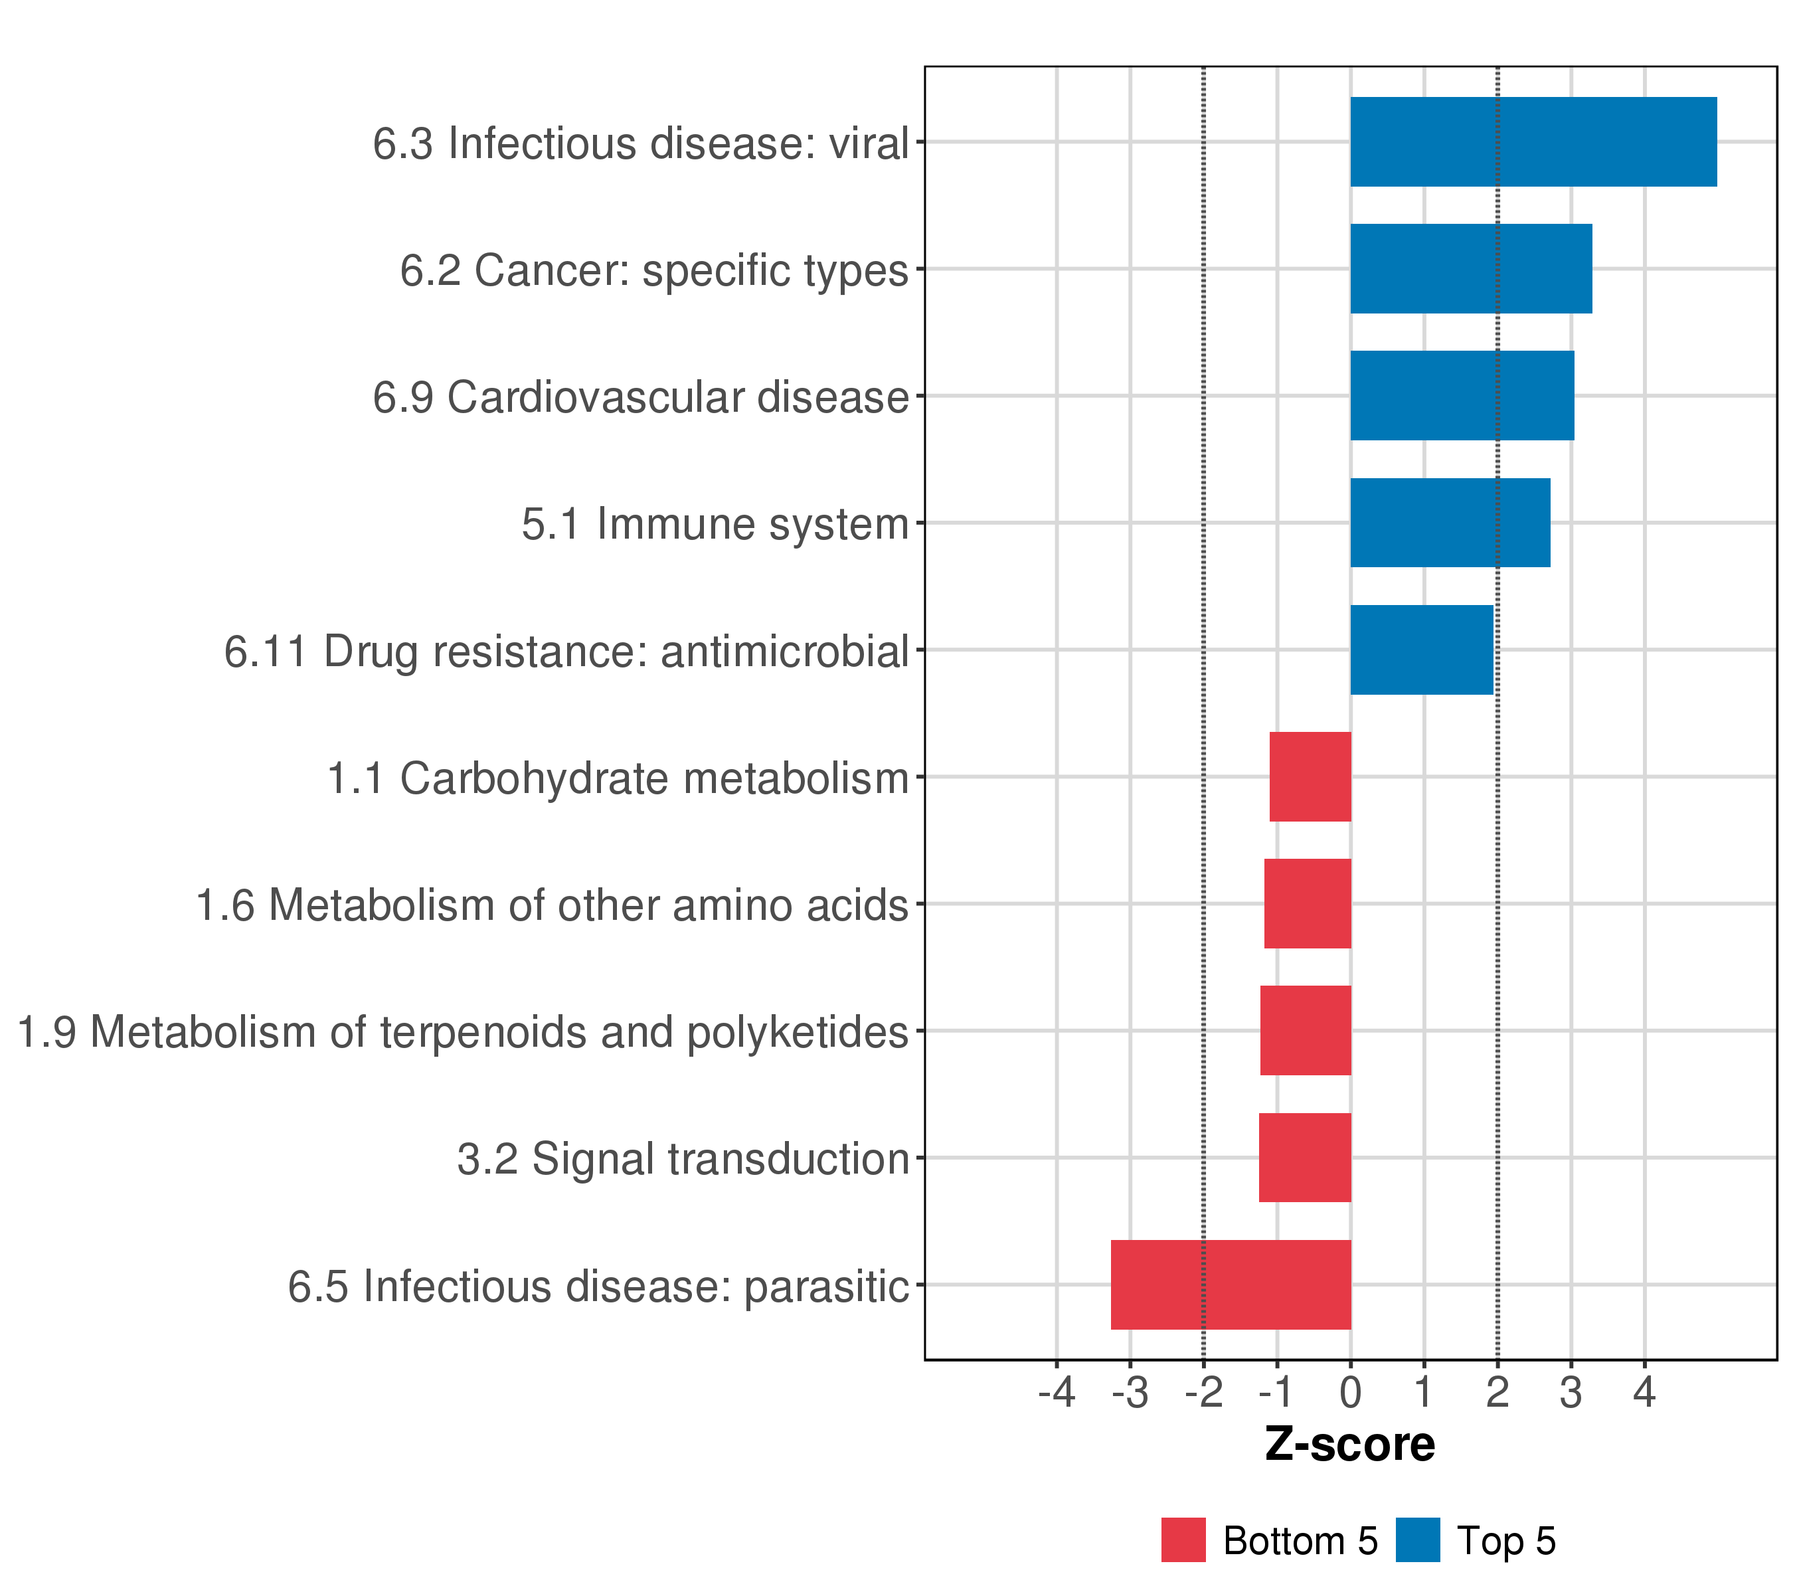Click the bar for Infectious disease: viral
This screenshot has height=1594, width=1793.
click(1533, 141)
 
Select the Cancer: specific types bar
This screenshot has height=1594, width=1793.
click(1470, 268)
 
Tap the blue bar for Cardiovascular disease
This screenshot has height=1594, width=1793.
click(1462, 396)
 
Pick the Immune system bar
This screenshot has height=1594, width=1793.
click(1449, 523)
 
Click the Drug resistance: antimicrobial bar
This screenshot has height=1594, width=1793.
click(1421, 650)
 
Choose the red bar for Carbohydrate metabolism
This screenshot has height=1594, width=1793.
click(1310, 776)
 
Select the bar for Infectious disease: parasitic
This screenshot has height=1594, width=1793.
click(1230, 1284)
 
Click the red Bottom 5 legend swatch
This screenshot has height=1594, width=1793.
click(1183, 1540)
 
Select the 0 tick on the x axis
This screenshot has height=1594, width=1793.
click(1350, 1392)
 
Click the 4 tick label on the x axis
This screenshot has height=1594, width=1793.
click(1644, 1392)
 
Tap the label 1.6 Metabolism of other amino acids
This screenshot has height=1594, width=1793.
click(551, 905)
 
